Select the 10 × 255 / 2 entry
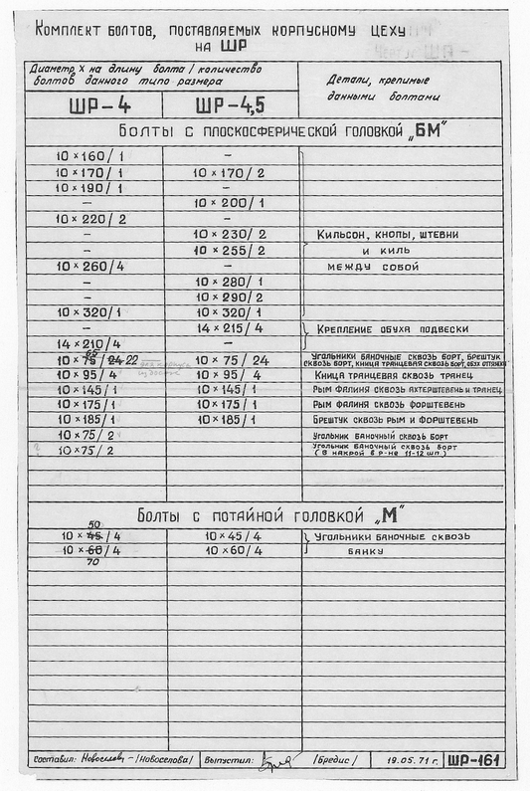tap(230, 251)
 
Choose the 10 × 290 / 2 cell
tap(230, 297)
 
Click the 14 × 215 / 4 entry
tap(230, 328)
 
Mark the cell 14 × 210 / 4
tap(90, 344)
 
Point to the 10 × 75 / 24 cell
tap(233, 360)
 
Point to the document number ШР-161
tap(473, 760)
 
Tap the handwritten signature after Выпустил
tap(277, 762)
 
